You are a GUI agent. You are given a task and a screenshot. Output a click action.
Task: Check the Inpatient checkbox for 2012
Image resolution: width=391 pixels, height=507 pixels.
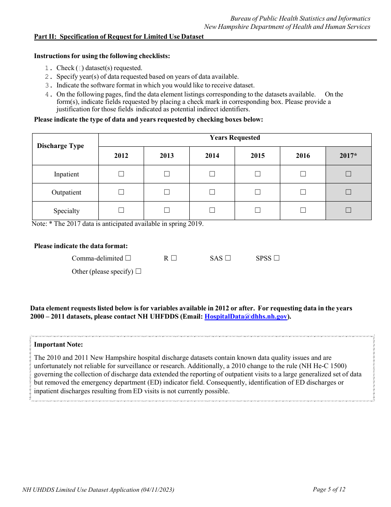coord(121,174)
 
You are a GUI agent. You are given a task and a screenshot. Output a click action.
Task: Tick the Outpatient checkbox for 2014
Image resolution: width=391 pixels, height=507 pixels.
coord(212,192)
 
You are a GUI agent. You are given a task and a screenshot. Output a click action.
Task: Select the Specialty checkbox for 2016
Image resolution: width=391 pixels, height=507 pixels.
coord(303,210)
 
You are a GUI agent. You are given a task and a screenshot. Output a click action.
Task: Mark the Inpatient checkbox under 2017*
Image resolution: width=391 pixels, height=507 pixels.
coord(348,174)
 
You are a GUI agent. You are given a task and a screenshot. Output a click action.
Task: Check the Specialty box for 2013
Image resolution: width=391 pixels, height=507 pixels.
coord(167,210)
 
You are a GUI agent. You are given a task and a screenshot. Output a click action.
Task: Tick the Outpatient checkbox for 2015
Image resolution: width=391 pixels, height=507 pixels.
coord(258,192)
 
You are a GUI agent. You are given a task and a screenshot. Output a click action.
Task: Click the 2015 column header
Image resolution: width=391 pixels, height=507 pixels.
coord(258,156)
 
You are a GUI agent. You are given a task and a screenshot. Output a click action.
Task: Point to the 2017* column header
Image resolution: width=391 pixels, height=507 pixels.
coord(348,156)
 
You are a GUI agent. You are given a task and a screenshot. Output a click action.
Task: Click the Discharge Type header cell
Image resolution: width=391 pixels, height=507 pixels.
coord(61,146)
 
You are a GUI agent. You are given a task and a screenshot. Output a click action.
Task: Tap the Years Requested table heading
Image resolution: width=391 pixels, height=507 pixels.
coord(235,138)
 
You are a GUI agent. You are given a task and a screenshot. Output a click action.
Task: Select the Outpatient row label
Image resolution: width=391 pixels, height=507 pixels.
coord(66,192)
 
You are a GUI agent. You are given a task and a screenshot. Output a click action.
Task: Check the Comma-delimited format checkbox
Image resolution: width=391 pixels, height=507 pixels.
coord(128,258)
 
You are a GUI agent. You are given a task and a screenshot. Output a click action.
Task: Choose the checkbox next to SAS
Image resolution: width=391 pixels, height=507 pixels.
coord(228,258)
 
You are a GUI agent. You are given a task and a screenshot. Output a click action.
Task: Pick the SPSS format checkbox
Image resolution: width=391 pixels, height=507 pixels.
coord(277,258)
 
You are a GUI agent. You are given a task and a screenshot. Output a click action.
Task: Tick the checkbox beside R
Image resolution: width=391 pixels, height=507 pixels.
coord(174,258)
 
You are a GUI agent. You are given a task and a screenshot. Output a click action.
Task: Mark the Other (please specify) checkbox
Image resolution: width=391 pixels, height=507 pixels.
coord(138,271)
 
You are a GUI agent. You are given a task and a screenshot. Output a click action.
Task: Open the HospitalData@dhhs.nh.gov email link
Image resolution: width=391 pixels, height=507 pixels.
coord(246,317)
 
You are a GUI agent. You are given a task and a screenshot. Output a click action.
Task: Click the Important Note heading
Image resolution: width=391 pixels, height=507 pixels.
coord(58,345)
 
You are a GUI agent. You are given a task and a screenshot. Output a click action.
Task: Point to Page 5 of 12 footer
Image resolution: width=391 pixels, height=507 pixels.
coord(329,489)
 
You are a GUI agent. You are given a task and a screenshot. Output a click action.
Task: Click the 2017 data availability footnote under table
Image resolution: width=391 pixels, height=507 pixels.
coord(118,224)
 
